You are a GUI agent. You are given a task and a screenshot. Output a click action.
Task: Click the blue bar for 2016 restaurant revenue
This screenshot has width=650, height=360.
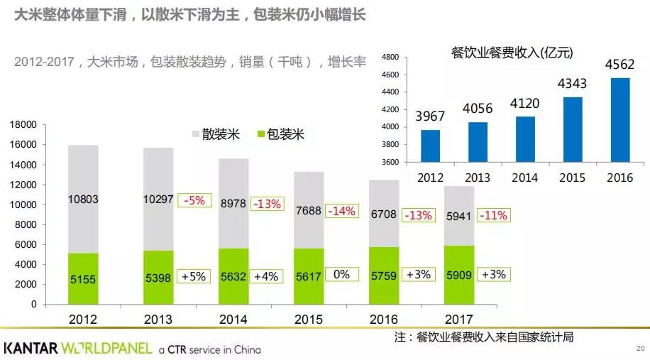[x=619, y=120]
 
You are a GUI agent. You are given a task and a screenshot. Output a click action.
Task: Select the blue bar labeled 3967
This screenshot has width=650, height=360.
[x=430, y=146]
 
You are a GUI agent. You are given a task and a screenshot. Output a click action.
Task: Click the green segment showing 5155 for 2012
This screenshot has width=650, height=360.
[x=83, y=278]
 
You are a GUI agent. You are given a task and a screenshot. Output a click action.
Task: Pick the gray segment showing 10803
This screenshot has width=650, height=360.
[x=83, y=200]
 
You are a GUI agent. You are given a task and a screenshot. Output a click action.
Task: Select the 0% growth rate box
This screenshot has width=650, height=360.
[x=341, y=274]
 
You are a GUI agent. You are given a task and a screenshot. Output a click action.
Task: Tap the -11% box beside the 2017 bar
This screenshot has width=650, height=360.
[x=493, y=214]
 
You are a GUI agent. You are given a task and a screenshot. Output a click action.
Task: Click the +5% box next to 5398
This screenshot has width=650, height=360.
[x=192, y=276]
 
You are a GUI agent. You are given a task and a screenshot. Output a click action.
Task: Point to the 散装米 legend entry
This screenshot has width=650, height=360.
[x=215, y=134]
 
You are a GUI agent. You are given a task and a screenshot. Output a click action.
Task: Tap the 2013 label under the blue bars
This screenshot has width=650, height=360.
[x=478, y=176]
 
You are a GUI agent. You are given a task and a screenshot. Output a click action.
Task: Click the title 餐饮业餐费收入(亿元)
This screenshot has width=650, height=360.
[x=512, y=53]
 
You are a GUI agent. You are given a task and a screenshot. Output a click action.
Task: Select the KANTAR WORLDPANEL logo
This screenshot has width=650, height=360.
[x=78, y=349]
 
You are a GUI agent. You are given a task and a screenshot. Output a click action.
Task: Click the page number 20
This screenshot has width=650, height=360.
[x=639, y=349]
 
